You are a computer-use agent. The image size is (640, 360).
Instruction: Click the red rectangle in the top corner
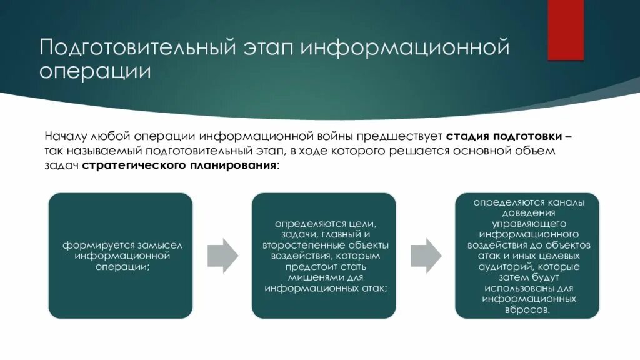(x=566, y=30)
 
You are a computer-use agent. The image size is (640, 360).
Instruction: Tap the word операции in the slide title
(x=95, y=71)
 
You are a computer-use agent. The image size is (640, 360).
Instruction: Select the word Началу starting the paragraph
(x=66, y=136)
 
